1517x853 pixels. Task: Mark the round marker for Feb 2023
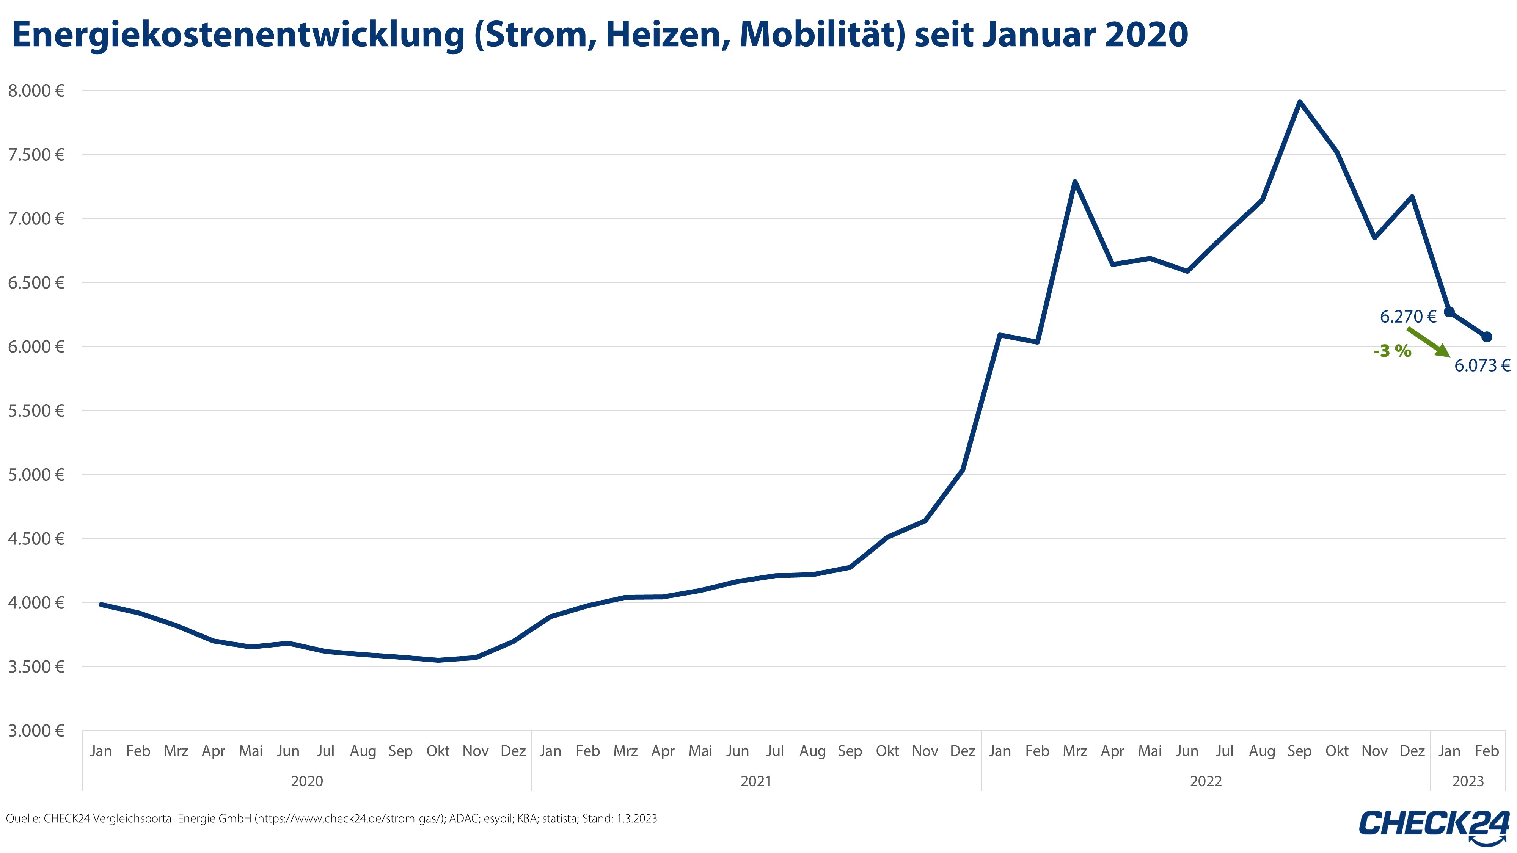1486,337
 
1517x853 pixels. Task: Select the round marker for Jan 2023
1449,312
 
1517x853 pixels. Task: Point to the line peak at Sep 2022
1300,102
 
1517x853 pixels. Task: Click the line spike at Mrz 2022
1075,182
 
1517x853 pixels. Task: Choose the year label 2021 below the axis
756,781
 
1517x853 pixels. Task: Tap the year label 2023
1468,781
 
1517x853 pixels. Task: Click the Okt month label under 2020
438,751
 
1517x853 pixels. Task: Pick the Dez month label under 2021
962,751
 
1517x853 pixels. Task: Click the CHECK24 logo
1435,825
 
